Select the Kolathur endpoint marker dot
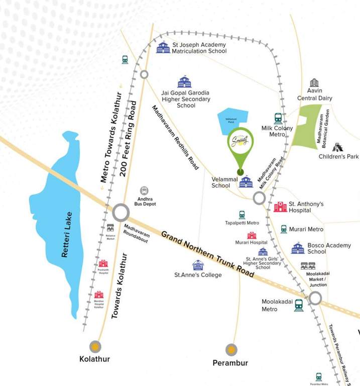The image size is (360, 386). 95,346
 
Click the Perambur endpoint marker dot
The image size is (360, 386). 231,349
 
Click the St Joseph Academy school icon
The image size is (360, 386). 163,48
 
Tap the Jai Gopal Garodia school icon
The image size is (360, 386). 185,82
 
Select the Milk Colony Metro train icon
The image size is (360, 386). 278,119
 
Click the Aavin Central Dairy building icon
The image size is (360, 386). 314,83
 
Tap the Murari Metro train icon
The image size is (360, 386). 284,229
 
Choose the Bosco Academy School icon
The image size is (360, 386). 298,248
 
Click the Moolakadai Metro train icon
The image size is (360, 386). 299,305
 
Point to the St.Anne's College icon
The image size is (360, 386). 198,265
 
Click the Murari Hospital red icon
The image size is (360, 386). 252,235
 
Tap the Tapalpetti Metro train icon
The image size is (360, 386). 242,215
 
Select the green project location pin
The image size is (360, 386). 241,146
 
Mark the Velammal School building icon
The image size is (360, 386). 246,181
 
